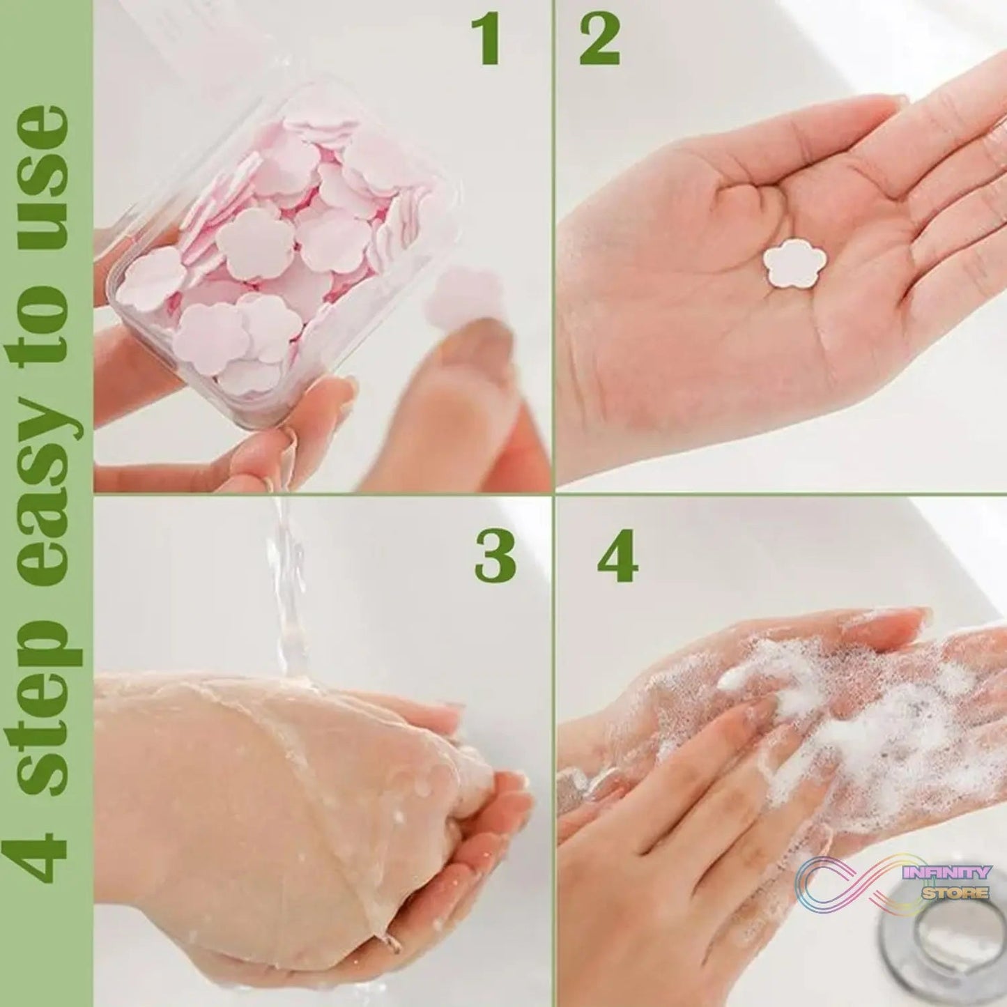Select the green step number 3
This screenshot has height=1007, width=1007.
click(495, 558)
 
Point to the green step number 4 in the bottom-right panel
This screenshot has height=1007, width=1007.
click(618, 558)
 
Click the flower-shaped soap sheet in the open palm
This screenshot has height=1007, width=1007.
click(794, 264)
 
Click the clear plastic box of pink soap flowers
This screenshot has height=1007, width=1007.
click(279, 251)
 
